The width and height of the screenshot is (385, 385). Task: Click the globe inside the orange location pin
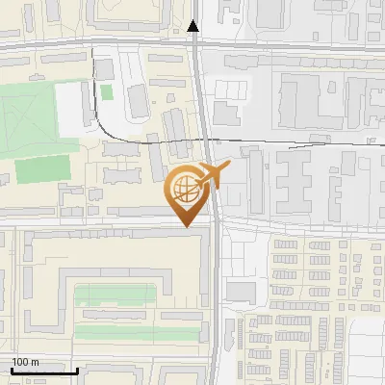187,192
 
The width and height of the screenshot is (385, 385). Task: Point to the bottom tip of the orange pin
187,227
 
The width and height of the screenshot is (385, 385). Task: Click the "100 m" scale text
25,362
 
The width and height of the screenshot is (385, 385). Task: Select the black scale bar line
43,371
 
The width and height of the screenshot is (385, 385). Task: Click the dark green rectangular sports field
42,169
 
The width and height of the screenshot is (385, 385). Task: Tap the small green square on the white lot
106,92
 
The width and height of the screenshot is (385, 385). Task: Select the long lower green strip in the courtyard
135,332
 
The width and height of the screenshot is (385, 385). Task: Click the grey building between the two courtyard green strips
115,314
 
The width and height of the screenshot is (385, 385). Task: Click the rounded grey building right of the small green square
138,100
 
